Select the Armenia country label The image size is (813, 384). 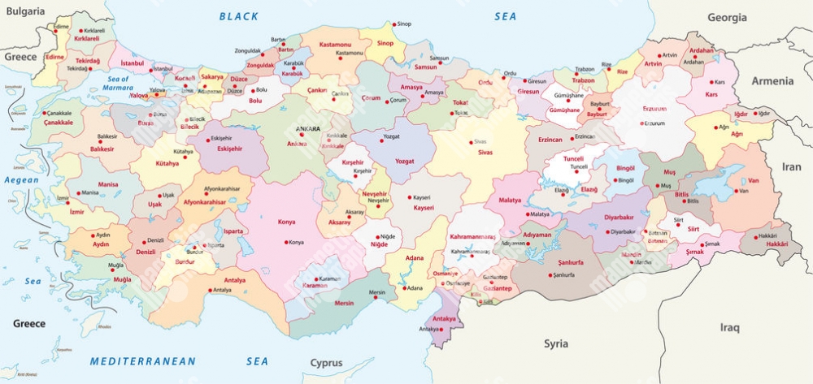point(772,81)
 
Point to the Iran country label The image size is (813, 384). point(791,166)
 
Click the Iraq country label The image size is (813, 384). point(729,328)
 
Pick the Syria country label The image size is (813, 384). point(556,343)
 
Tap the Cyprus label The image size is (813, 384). point(326,363)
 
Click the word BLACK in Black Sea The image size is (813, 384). point(239,16)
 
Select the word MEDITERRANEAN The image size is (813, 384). point(143,360)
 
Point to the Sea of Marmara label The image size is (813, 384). point(119,83)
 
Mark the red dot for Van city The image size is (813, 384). point(735,191)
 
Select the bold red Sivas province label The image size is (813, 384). point(485,152)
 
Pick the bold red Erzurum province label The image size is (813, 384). point(654,108)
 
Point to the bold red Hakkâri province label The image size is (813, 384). point(777,244)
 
